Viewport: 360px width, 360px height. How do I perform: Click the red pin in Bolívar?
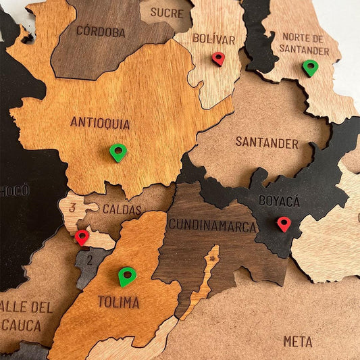pyautogui.click(x=217, y=59)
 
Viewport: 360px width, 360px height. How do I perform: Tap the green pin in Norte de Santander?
pyautogui.click(x=310, y=68)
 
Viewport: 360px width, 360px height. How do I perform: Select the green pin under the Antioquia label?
pyautogui.click(x=118, y=152)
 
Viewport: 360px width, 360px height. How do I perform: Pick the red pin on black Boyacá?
pyautogui.click(x=284, y=224)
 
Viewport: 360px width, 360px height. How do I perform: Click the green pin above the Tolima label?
pyautogui.click(x=127, y=276)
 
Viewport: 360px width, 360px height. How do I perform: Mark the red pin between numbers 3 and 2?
pyautogui.click(x=82, y=237)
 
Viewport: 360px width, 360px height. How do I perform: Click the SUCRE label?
pyautogui.click(x=167, y=12)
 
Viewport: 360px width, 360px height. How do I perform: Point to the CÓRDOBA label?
pyautogui.click(x=101, y=31)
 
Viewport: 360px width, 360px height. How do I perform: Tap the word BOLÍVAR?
pyautogui.click(x=213, y=38)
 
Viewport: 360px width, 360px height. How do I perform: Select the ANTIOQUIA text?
pyautogui.click(x=100, y=123)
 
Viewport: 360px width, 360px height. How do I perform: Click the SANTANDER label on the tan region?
pyautogui.click(x=267, y=143)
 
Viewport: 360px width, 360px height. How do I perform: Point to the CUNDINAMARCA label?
pyautogui.click(x=212, y=225)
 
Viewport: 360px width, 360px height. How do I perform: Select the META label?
pyautogui.click(x=298, y=342)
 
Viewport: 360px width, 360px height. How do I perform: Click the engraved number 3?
pyautogui.click(x=72, y=208)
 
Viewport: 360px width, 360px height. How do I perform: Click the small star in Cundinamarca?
pyautogui.click(x=213, y=258)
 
